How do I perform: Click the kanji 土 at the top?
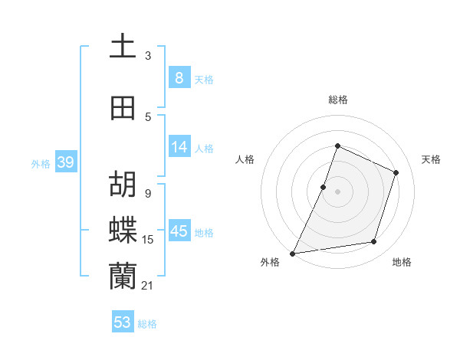point(123,46)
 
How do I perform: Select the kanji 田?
point(123,108)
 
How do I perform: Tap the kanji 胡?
point(123,184)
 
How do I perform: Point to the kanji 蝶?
point(123,229)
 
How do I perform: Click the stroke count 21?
point(147,286)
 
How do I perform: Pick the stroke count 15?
point(148,240)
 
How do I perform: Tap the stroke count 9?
point(147,194)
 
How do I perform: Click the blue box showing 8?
point(179,77)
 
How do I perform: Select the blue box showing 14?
point(179,146)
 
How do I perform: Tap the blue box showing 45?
point(179,231)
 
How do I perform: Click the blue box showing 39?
point(65,162)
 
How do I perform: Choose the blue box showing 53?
point(122,322)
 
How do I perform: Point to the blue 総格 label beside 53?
point(147,324)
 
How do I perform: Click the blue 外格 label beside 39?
point(41,163)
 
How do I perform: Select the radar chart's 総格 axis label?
point(337,100)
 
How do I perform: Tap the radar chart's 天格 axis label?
point(431,159)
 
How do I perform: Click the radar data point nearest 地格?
point(374,242)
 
